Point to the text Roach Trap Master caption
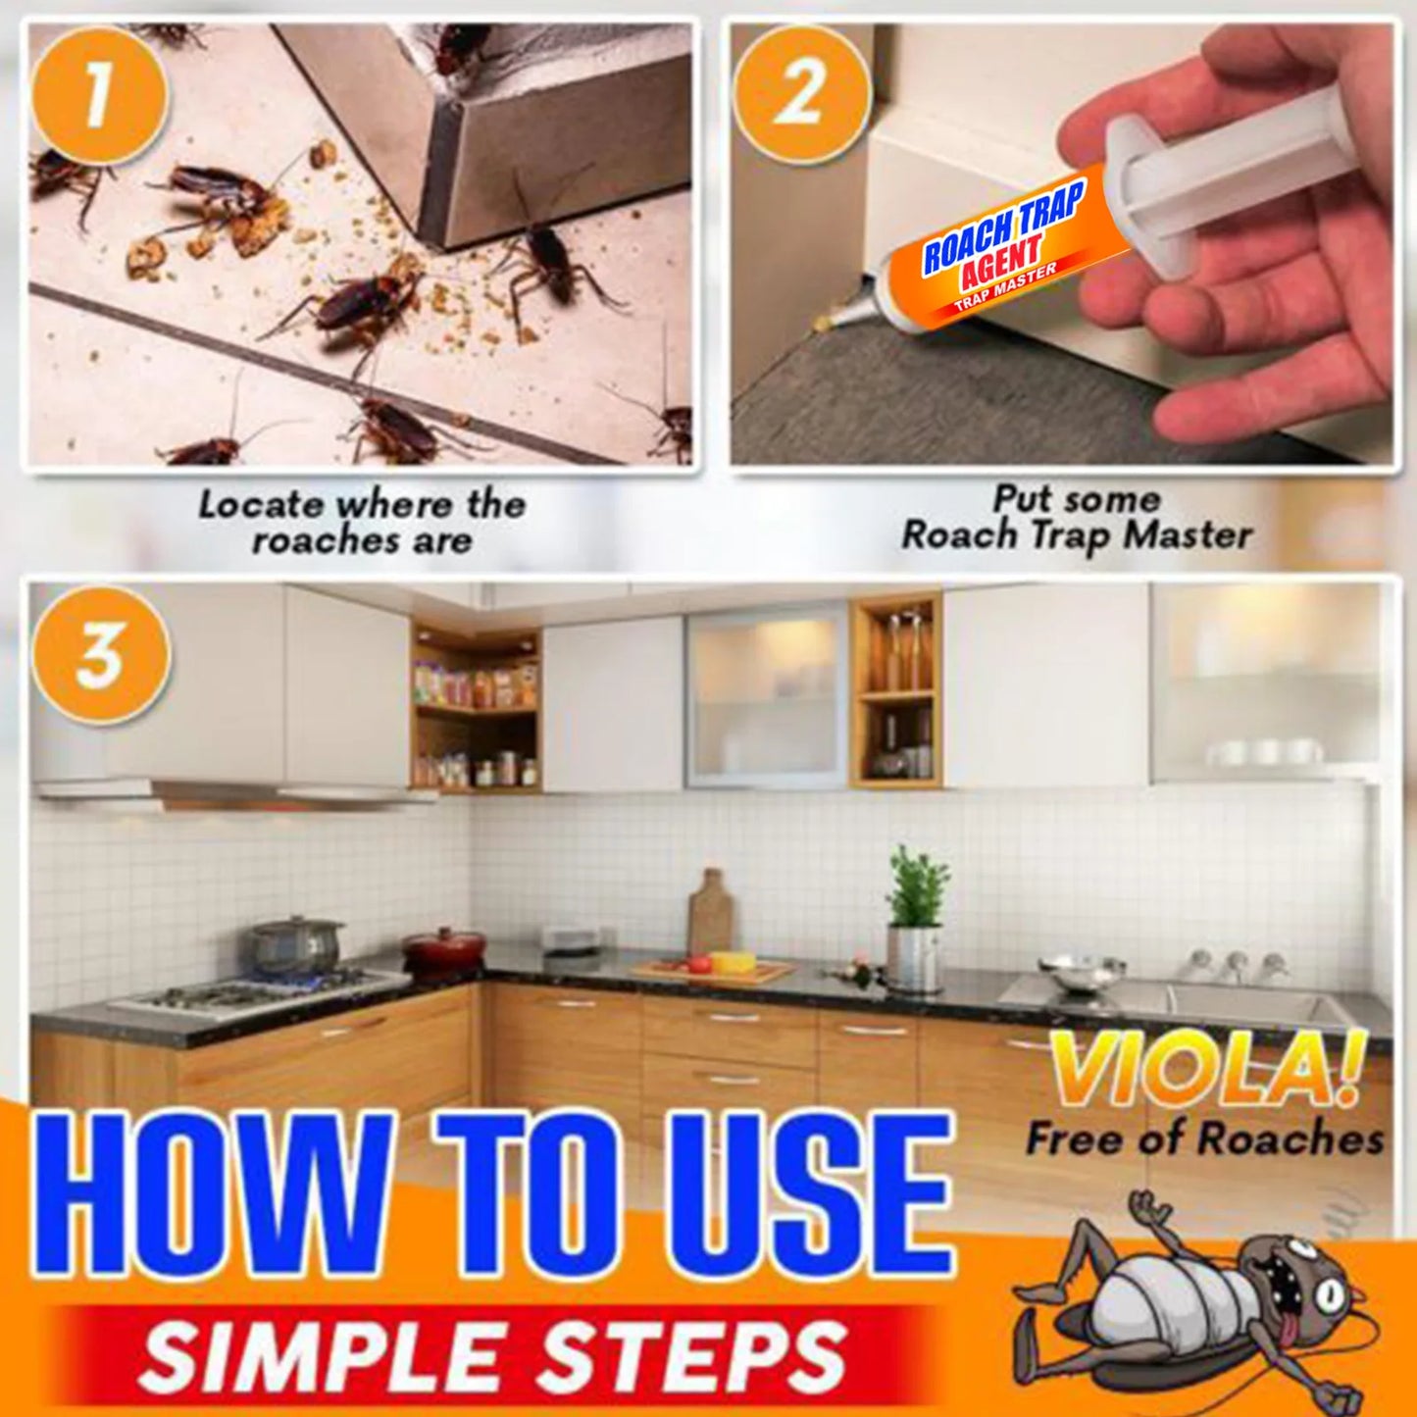(x=1076, y=534)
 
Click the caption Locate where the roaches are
(x=362, y=522)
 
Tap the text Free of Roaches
(x=1204, y=1139)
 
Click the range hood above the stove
(x=235, y=792)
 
